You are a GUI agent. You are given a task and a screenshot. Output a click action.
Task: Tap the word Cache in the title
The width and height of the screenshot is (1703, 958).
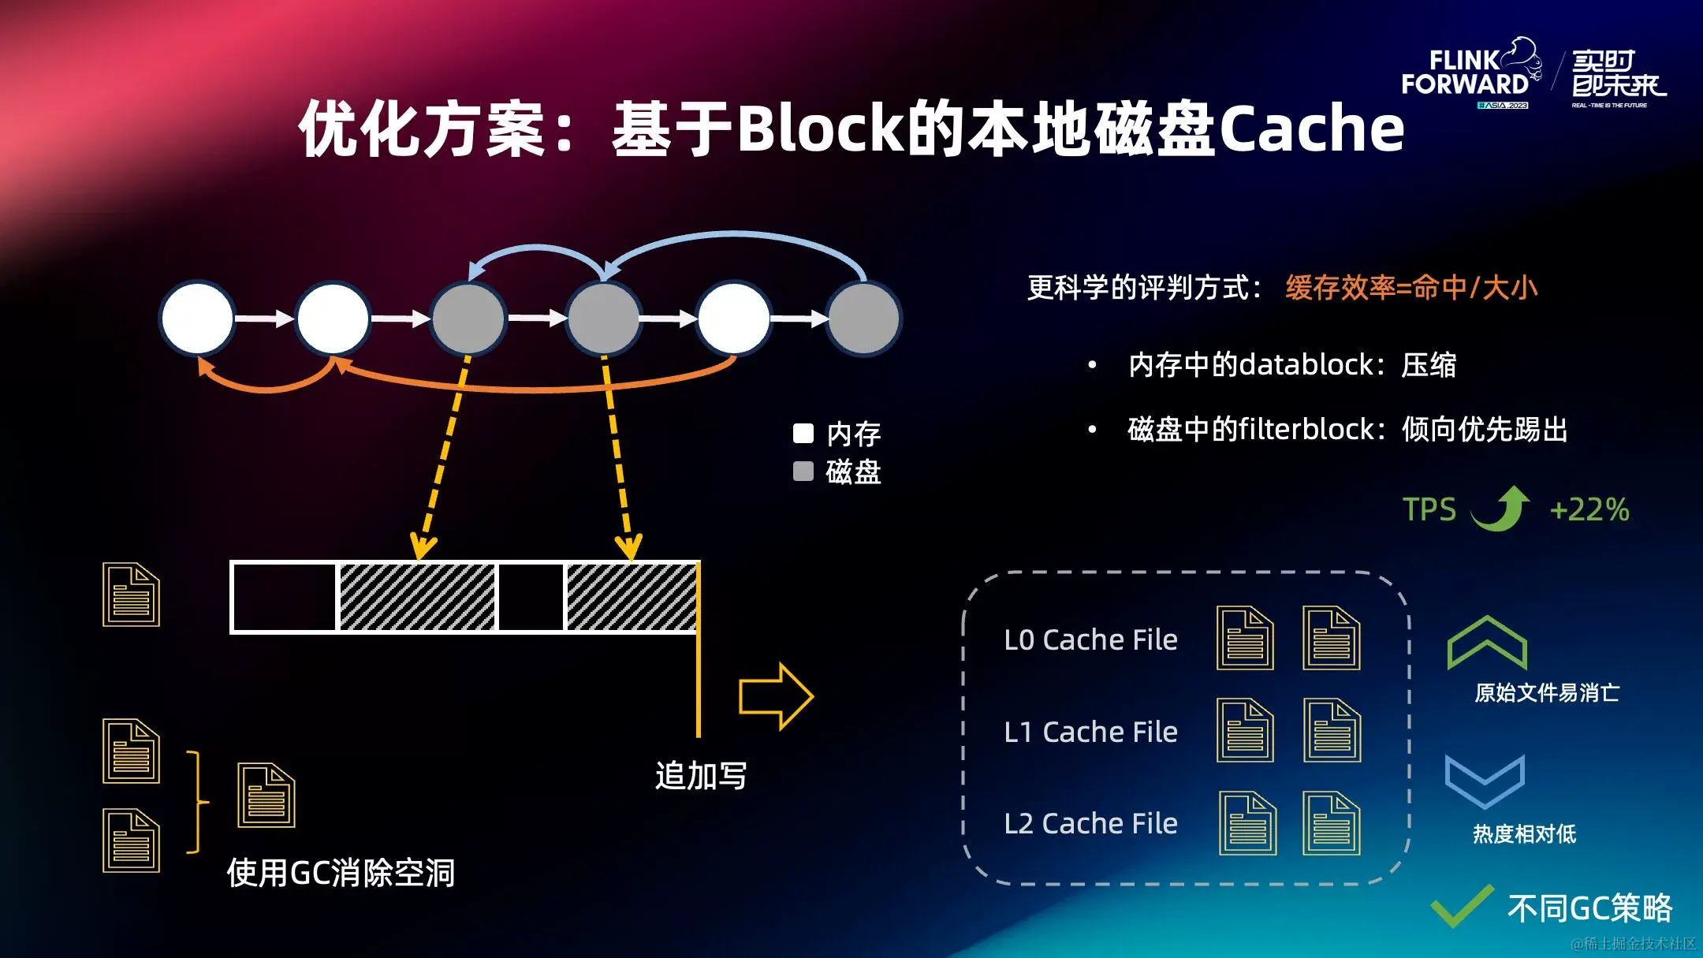(1312, 129)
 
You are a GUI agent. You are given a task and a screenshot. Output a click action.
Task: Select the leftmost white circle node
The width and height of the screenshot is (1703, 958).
(197, 318)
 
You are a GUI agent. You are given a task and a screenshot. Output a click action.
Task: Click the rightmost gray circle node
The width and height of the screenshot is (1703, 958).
(864, 318)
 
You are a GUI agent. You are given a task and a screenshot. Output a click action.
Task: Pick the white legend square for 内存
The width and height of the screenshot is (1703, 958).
(803, 433)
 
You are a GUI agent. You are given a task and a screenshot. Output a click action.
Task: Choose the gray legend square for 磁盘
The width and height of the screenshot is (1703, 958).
(803, 472)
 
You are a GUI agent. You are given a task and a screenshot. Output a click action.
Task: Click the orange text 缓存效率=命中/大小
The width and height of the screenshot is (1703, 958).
(1411, 288)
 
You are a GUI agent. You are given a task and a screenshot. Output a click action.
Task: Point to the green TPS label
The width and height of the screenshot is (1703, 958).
(1429, 509)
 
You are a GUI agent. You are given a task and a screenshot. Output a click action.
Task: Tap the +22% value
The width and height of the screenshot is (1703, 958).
(1589, 509)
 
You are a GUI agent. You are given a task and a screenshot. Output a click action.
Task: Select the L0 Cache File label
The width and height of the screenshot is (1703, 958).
(1090, 639)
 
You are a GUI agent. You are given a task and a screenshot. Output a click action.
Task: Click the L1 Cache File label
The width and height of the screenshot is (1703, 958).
(1090, 732)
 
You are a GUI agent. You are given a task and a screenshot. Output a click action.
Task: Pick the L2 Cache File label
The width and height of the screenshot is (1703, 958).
(1090, 824)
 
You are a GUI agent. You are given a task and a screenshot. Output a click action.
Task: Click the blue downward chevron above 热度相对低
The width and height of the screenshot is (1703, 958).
(1485, 781)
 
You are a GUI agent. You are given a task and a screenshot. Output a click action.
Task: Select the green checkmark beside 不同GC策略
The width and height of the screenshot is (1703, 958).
(1462, 907)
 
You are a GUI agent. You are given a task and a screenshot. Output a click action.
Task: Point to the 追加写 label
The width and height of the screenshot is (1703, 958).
(701, 776)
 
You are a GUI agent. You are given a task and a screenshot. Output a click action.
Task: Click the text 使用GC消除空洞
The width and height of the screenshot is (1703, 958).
(341, 873)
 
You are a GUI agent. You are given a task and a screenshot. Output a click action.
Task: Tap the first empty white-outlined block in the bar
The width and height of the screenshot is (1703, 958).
(284, 597)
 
